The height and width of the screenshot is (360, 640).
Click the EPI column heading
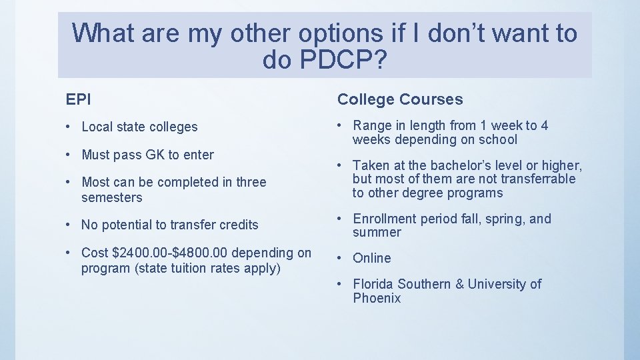[78, 99]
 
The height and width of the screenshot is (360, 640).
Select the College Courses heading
[399, 99]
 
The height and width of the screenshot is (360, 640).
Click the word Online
[372, 258]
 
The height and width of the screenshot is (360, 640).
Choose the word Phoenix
[377, 298]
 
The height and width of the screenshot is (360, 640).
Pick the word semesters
[112, 197]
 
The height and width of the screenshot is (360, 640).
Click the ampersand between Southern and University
[459, 284]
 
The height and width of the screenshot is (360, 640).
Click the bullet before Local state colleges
[70, 127]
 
